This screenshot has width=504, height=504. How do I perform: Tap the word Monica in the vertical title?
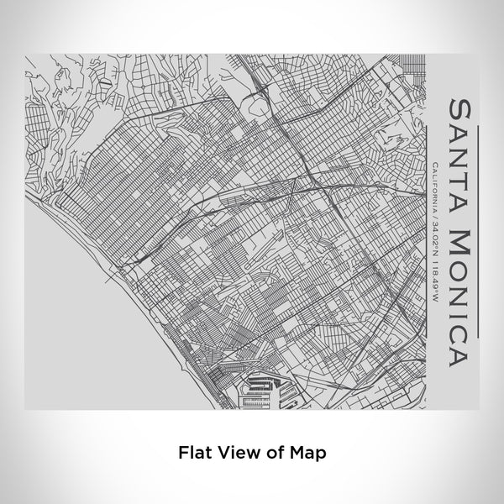459,277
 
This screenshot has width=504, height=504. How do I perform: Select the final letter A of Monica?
459,334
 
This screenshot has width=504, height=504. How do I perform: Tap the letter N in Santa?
459,150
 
